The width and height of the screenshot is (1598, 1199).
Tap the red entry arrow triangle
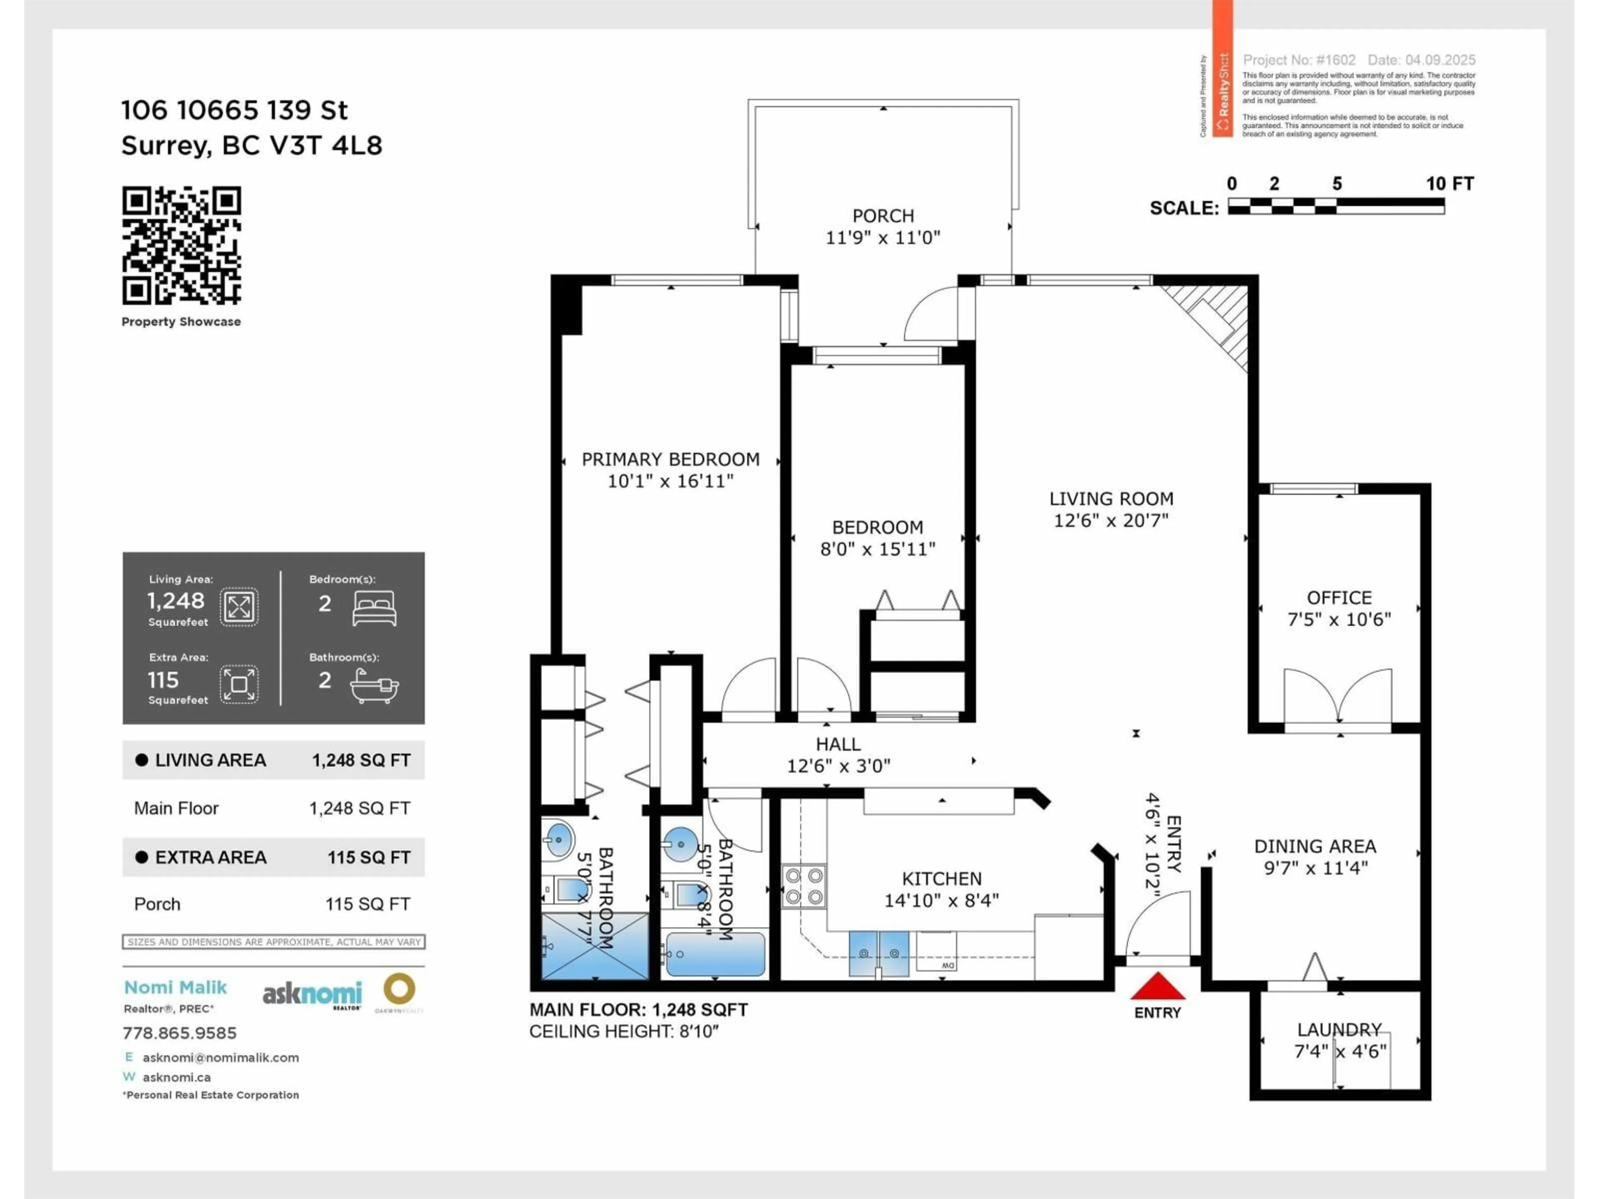(x=1157, y=987)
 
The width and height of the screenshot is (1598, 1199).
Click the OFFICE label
(x=1339, y=598)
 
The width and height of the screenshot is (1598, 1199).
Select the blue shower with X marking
(x=595, y=946)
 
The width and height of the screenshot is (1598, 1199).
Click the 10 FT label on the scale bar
(x=1449, y=184)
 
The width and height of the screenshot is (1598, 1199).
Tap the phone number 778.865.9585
(x=179, y=1033)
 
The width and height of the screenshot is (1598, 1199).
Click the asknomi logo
(x=312, y=995)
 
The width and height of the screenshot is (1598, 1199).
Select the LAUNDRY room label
(x=1339, y=1029)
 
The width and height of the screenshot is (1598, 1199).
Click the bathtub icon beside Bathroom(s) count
(x=374, y=685)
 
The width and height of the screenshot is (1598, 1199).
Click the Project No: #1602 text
(x=1299, y=60)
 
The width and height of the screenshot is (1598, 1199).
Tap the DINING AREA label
(x=1315, y=846)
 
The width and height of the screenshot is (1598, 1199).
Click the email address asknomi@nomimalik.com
(x=220, y=1057)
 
